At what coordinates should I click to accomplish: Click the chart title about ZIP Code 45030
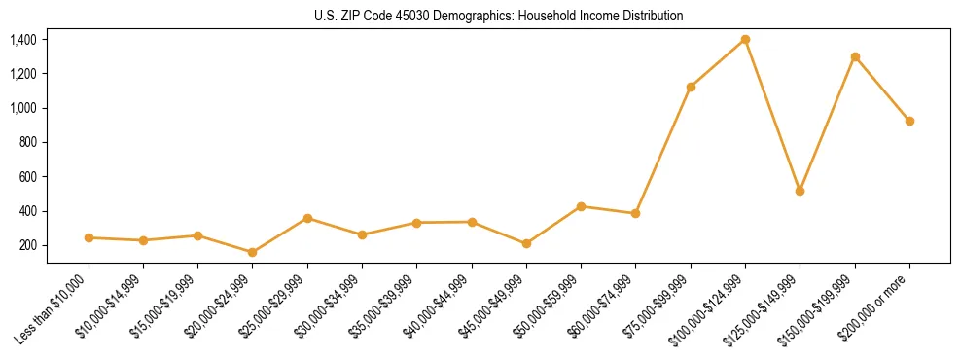pos(498,16)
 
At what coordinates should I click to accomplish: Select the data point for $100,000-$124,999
pos(745,39)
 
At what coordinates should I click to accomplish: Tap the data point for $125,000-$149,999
pos(800,191)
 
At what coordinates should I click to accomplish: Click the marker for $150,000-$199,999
pos(855,56)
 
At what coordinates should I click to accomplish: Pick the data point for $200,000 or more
pos(909,121)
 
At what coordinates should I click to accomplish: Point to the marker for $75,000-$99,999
pos(691,87)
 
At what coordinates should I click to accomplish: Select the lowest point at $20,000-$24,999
pos(253,252)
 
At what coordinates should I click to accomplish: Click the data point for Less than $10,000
pos(89,237)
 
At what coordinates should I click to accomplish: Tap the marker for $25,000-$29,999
pos(307,218)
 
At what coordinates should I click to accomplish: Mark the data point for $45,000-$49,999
pos(526,243)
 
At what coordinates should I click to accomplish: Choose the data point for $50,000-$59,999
pos(581,206)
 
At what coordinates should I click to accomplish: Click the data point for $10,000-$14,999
pos(143,240)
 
